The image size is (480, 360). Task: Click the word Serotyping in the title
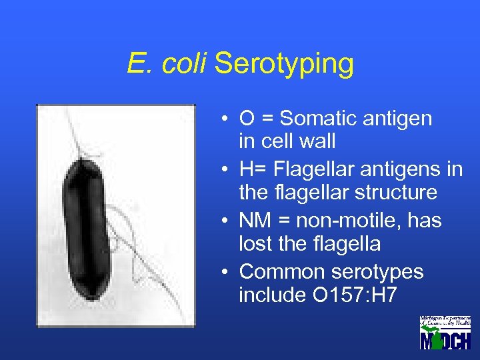[x=284, y=65]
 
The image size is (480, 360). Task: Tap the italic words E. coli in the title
[x=167, y=64]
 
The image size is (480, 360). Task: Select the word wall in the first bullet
[x=320, y=141]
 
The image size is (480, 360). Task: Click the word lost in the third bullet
[x=253, y=244]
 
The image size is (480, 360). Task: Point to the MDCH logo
[x=445, y=332]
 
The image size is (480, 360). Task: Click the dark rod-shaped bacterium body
[x=87, y=227]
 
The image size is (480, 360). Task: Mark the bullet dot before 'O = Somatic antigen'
[x=227, y=120]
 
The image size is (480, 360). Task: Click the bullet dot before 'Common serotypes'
[x=227, y=273]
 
